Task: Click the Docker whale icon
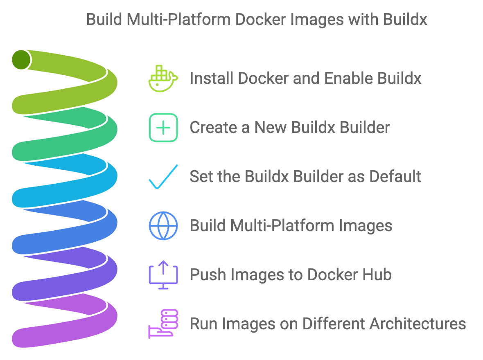point(163,78)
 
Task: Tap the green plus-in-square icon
point(163,128)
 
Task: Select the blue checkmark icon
point(163,177)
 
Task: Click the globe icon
point(163,226)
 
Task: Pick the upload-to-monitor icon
point(163,275)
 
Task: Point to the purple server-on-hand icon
point(163,324)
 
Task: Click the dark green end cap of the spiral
point(21,60)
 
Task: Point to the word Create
point(214,128)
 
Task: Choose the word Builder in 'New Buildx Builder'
point(364,128)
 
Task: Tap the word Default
point(395,177)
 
